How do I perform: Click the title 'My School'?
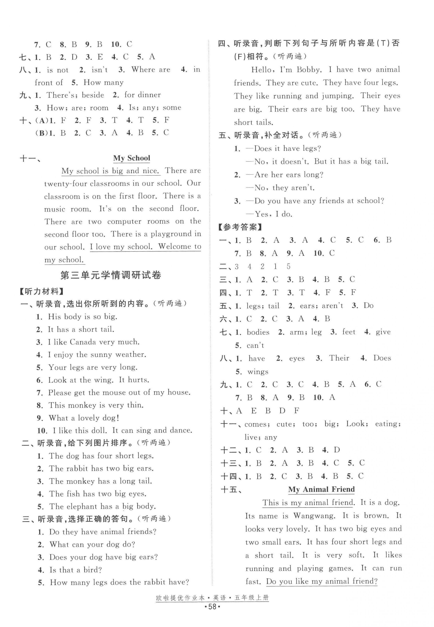click(132, 158)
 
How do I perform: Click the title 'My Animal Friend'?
click(321, 489)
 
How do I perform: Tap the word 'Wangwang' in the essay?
click(314, 516)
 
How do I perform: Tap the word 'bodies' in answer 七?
click(258, 332)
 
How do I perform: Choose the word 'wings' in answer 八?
click(258, 372)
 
